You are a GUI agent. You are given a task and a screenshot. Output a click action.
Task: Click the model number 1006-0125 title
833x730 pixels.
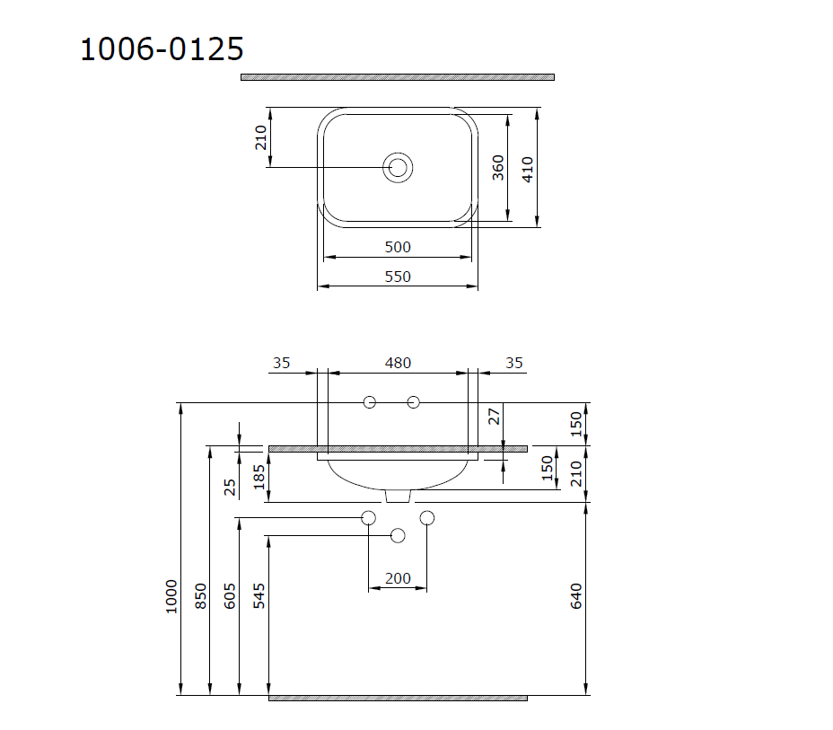pyautogui.click(x=162, y=48)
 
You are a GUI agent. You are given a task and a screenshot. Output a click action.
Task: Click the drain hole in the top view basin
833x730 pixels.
pyautogui.click(x=398, y=167)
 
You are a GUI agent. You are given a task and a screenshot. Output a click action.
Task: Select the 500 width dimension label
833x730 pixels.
pyautogui.click(x=398, y=247)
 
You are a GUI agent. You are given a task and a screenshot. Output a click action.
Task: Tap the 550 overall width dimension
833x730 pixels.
pyautogui.click(x=398, y=277)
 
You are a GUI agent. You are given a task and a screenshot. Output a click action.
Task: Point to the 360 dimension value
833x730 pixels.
pyautogui.click(x=498, y=167)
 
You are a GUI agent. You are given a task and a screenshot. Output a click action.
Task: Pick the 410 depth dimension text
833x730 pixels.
pyautogui.click(x=528, y=167)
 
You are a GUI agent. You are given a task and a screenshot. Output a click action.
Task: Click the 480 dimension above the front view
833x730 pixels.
pyautogui.click(x=398, y=363)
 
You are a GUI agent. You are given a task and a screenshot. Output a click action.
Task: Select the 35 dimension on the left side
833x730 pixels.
pyautogui.click(x=281, y=363)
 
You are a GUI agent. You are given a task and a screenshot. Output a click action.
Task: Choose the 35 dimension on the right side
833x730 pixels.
pyautogui.click(x=513, y=363)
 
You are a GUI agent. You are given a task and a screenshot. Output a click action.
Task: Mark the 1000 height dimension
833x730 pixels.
pyautogui.click(x=171, y=596)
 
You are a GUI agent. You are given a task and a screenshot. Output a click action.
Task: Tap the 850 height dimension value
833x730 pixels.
pyautogui.click(x=200, y=596)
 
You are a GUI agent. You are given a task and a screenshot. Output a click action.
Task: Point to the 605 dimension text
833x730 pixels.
pyautogui.click(x=230, y=596)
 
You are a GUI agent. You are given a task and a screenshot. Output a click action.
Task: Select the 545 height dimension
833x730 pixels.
pyautogui.click(x=259, y=596)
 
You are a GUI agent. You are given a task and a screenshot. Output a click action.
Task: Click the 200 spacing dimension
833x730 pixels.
pyautogui.click(x=398, y=578)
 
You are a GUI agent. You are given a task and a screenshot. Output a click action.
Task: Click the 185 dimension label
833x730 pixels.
pyautogui.click(x=259, y=476)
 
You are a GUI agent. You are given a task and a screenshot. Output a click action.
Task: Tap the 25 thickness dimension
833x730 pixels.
pyautogui.click(x=230, y=486)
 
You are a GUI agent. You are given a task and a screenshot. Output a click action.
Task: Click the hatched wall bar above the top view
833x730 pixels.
pyautogui.click(x=397, y=77)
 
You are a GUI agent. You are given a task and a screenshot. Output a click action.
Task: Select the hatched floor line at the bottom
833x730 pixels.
pyautogui.click(x=398, y=698)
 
